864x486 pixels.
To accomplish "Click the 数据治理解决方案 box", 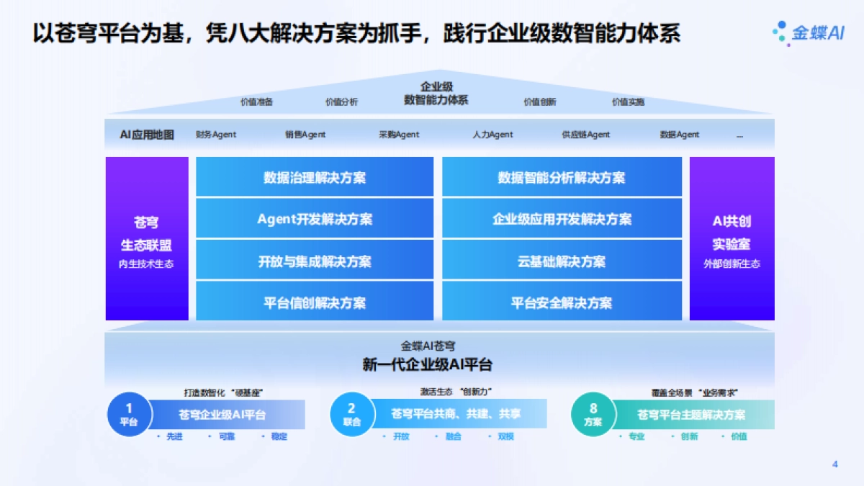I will [315, 177].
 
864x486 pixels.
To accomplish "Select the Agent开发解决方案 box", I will [315, 219].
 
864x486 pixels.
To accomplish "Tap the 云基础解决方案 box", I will [562, 261].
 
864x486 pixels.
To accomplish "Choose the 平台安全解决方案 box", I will [562, 302].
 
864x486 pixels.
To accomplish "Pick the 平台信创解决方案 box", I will [315, 302].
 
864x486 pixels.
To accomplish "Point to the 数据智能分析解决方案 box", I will [562, 177].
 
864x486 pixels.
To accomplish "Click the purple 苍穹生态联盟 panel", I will [147, 238].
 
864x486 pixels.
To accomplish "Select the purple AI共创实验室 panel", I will [732, 238].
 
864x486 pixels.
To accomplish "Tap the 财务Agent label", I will [216, 135].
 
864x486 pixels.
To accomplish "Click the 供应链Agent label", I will [586, 135].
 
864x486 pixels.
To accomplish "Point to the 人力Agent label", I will [493, 135].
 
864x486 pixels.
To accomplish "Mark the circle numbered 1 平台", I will [129, 415].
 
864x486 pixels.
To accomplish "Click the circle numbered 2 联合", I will [351, 415].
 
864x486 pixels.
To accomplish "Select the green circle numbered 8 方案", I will [593, 415].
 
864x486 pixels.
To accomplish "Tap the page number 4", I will [834, 464].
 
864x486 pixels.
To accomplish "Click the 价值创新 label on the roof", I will [540, 102].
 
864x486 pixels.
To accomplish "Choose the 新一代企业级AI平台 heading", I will [428, 364].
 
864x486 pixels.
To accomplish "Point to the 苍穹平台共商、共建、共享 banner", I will [456, 414].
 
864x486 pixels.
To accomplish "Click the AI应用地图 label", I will [147, 135].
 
